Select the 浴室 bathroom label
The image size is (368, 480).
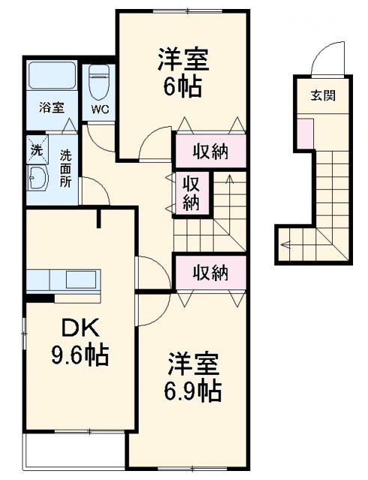coord(51,106)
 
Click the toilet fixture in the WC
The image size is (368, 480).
coord(99,83)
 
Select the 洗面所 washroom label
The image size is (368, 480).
coord(66,169)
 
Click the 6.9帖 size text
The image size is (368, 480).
coord(192,390)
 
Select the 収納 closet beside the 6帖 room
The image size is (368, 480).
coord(210,151)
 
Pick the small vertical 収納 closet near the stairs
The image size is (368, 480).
coord(193,191)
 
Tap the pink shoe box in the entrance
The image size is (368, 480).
coord(305,132)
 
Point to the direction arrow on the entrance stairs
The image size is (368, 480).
coord(285,243)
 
